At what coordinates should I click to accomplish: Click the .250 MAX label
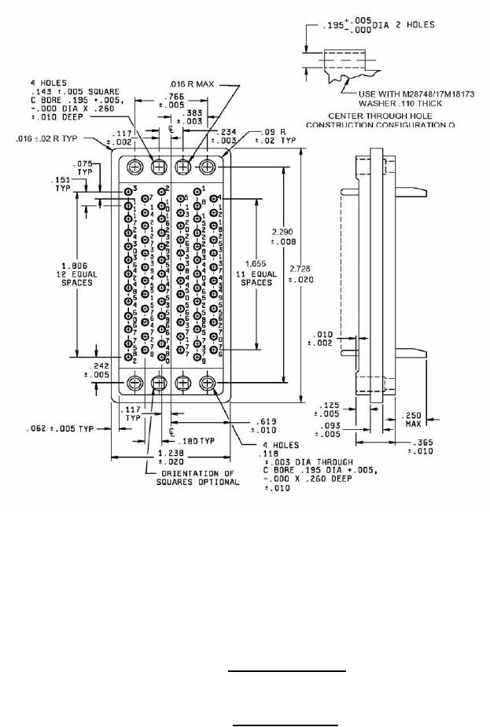[x=414, y=420]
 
